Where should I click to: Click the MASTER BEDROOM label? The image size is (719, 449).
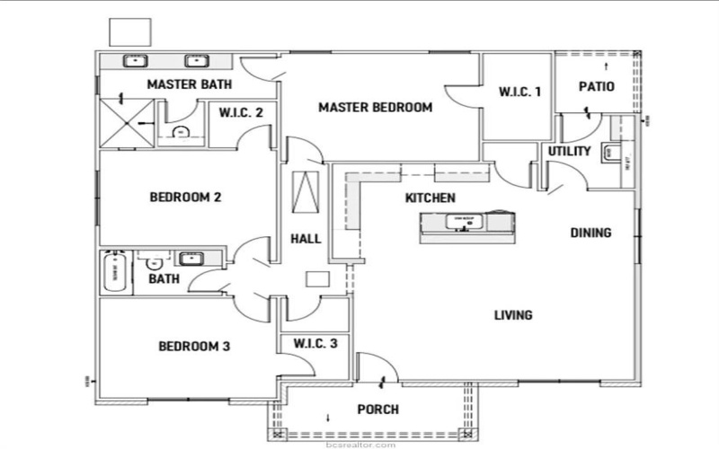click(x=375, y=107)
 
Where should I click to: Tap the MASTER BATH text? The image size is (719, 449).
click(x=190, y=85)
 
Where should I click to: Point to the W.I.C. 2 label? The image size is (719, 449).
click(x=241, y=114)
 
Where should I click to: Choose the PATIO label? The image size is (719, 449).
click(x=596, y=87)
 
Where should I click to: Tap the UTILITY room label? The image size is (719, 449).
click(x=569, y=151)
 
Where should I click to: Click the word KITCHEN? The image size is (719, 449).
click(x=430, y=198)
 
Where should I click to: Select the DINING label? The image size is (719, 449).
click(x=590, y=233)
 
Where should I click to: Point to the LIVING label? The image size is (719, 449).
click(x=513, y=315)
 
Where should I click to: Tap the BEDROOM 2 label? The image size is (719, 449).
click(x=185, y=198)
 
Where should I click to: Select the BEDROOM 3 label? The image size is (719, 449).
click(x=195, y=346)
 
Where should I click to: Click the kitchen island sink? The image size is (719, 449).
click(x=464, y=222)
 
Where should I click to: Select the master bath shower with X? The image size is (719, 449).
click(x=127, y=123)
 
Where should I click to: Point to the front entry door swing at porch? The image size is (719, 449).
click(x=375, y=368)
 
